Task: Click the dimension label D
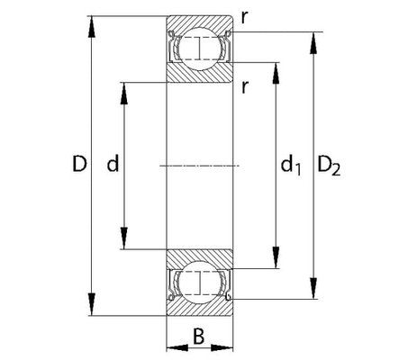point(79,164)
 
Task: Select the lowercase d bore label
point(113,164)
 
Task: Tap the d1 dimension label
point(291,166)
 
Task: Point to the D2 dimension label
point(329,166)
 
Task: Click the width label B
point(198,337)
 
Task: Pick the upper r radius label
point(245,19)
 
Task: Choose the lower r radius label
point(245,87)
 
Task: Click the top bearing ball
point(199,49)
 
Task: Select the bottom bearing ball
point(199,283)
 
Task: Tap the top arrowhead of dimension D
point(92,26)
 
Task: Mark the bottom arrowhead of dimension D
point(92,305)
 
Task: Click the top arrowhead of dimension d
point(123,94)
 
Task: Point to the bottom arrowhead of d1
point(276,257)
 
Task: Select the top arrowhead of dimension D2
point(313,43)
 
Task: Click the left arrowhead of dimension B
point(177,348)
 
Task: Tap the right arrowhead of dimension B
point(222,348)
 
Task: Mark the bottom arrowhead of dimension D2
point(313,288)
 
